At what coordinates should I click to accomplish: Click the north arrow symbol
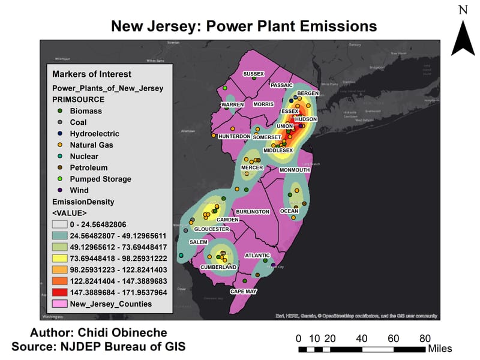[x=463, y=37]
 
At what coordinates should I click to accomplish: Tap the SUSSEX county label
[x=253, y=74]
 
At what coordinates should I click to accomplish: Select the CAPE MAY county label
[x=243, y=292]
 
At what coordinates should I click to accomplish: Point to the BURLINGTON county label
[x=253, y=212]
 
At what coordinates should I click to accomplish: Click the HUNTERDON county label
[x=234, y=136]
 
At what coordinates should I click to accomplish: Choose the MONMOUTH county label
[x=295, y=170]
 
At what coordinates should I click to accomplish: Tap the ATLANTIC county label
[x=257, y=256]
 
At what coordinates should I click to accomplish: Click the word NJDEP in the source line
[x=82, y=346]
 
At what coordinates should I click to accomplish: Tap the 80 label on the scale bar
[x=425, y=338]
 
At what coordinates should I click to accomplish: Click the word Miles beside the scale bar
[x=439, y=349]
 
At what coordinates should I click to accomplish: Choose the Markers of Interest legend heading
[x=91, y=74]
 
